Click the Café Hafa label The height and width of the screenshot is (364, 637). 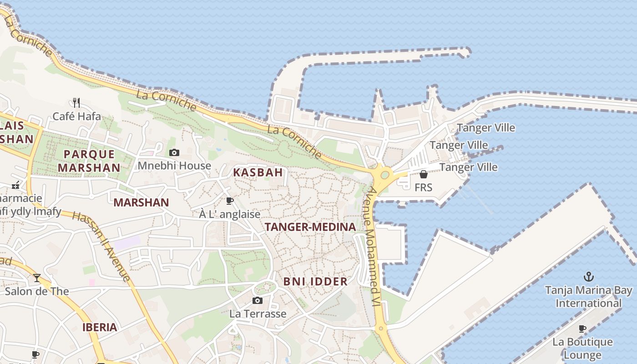coord(76,116)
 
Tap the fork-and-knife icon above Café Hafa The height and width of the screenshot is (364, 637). coord(76,103)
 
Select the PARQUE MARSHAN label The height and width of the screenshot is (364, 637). coord(89,161)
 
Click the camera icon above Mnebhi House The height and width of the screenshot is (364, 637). coord(174,153)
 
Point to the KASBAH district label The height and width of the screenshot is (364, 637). coord(258,172)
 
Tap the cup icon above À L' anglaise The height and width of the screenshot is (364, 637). coord(230,201)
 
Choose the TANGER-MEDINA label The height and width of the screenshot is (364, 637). coord(310,227)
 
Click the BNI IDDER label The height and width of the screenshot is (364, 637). coord(315,282)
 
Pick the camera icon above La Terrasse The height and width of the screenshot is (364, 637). coord(258,300)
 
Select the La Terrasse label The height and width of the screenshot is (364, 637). coord(258,313)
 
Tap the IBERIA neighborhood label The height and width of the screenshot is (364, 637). coord(100,327)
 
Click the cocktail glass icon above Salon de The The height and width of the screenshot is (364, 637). coord(37,278)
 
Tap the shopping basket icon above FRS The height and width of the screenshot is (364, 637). coord(423,174)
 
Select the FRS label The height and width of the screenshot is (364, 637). coord(423,187)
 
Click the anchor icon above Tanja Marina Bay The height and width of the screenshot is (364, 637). coord(589,277)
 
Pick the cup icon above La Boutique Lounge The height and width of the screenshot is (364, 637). coord(582,329)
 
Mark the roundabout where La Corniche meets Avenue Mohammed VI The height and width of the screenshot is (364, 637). coord(385,174)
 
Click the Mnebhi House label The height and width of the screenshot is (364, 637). coord(174,166)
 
